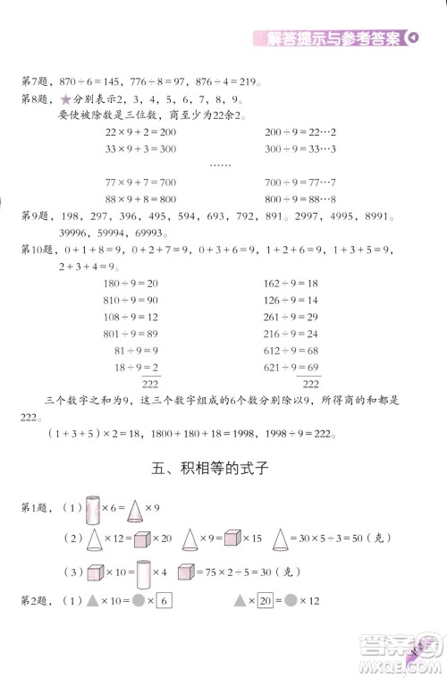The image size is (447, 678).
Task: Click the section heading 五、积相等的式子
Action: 223,467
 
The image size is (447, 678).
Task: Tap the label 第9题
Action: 34,216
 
